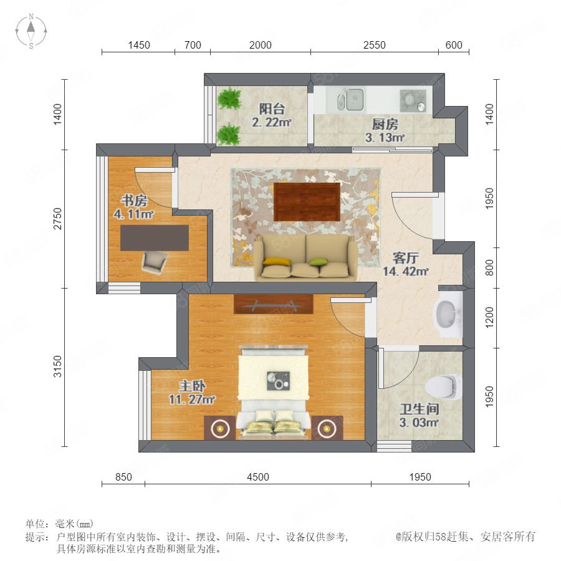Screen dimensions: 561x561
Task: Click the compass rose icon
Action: click(x=31, y=31)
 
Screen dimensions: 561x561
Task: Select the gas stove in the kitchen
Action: click(x=413, y=100)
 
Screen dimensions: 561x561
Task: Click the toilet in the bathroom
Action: click(x=443, y=387)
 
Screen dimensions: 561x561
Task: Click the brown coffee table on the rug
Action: click(x=307, y=202)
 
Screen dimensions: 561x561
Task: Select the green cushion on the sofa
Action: click(x=318, y=262)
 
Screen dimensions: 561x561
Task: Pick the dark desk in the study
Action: click(x=155, y=238)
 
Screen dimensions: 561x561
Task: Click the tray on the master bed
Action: click(x=279, y=381)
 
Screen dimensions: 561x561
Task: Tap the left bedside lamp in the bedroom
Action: click(x=219, y=428)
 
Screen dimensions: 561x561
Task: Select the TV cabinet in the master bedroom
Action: click(x=274, y=304)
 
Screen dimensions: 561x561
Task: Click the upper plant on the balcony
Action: click(x=229, y=98)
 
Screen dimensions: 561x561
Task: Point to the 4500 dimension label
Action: click(x=257, y=477)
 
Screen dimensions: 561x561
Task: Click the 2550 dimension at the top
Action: click(x=374, y=45)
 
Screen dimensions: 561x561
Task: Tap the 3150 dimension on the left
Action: click(x=57, y=367)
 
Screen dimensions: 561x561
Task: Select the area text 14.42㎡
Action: click(x=405, y=271)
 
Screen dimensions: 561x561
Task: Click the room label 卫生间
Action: click(x=420, y=409)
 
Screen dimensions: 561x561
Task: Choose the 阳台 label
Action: click(x=272, y=108)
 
